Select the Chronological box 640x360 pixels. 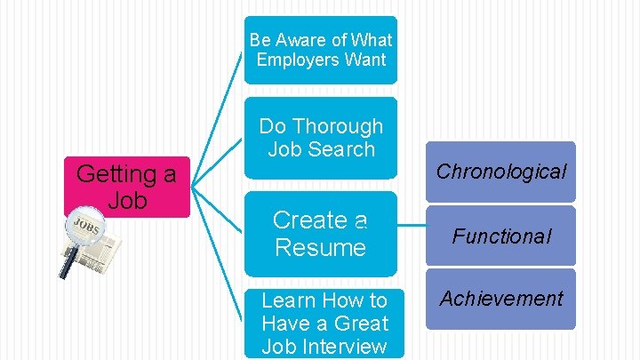(x=500, y=172)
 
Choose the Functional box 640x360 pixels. (x=500, y=236)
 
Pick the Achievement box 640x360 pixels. (x=500, y=299)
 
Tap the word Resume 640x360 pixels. (x=320, y=247)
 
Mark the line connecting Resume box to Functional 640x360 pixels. (x=410, y=236)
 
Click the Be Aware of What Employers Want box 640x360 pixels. (x=320, y=50)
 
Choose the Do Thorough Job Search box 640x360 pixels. (x=320, y=138)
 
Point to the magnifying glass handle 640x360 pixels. (x=66, y=263)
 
